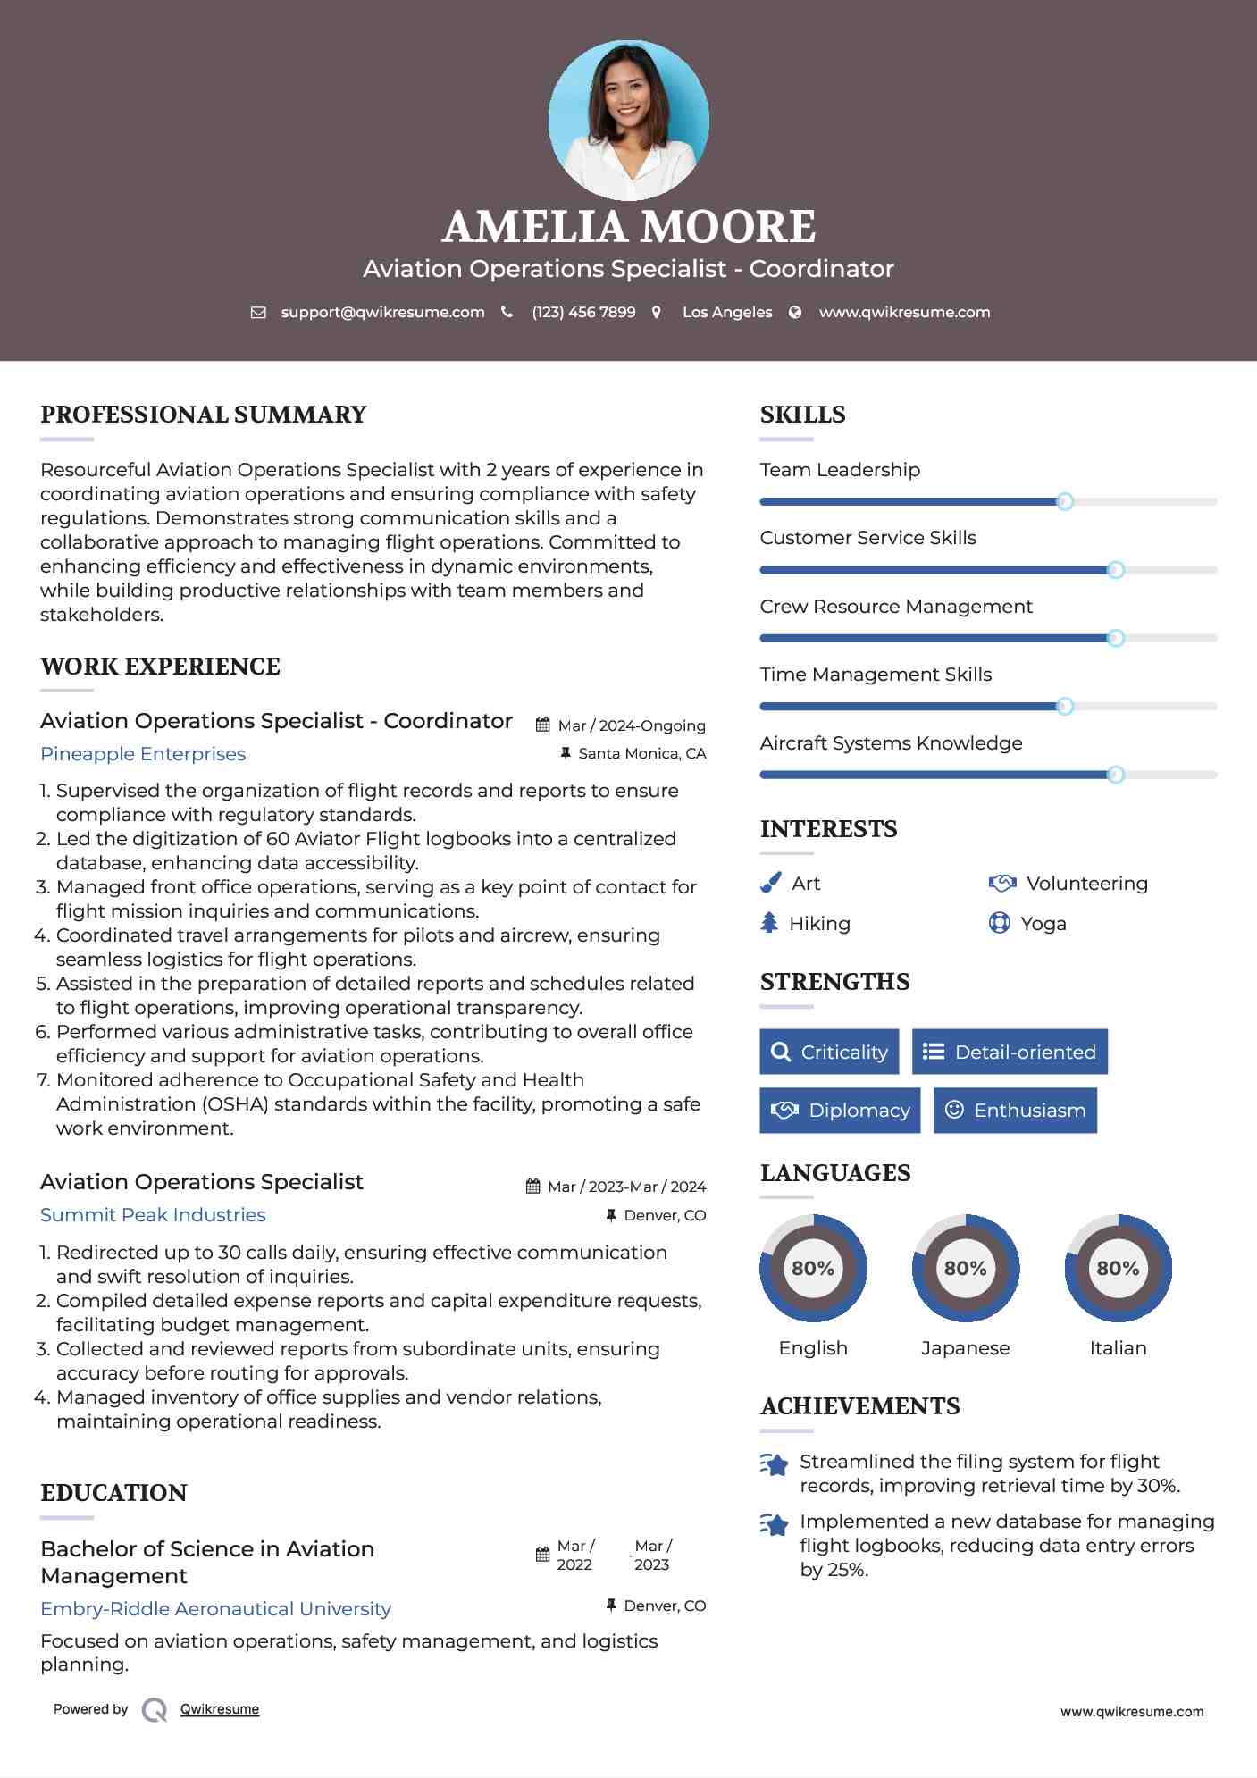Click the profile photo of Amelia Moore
pos(628,120)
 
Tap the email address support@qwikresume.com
pos(382,312)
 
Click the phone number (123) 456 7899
pos(583,312)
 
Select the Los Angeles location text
pos(727,312)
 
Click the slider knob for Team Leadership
pos(1064,502)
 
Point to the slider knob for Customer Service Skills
pos(1115,570)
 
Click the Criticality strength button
pos(829,1052)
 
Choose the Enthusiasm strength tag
pos(1015,1111)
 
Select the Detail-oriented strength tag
pos(1010,1052)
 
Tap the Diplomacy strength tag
pos(840,1111)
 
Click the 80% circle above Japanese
pos(965,1268)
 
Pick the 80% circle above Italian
pos(1118,1268)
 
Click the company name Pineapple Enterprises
pos(143,754)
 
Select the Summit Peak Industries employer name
pos(153,1215)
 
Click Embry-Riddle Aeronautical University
pos(215,1609)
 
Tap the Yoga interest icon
pos(999,923)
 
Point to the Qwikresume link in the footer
pos(220,1709)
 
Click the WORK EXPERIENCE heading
pos(160,667)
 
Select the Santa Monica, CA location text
pos(641,753)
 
